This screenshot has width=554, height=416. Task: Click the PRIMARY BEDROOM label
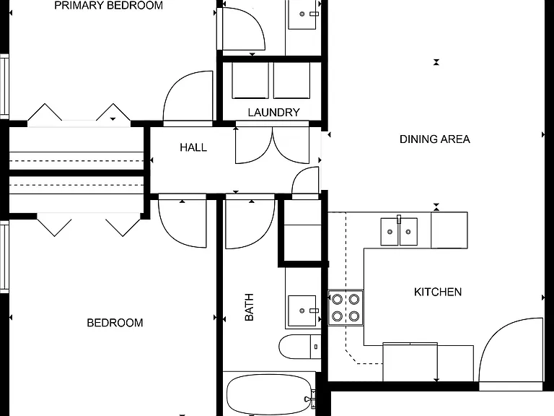pyautogui.click(x=108, y=5)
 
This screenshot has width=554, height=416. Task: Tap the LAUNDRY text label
pyautogui.click(x=274, y=113)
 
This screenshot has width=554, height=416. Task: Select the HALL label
pyautogui.click(x=193, y=147)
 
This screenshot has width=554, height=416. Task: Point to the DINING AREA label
pyautogui.click(x=435, y=139)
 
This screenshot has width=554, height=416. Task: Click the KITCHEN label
pyautogui.click(x=438, y=292)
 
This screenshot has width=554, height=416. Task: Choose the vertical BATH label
pyautogui.click(x=249, y=307)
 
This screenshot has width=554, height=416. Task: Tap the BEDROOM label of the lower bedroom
pyautogui.click(x=115, y=323)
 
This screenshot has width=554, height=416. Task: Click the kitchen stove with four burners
pyautogui.click(x=346, y=308)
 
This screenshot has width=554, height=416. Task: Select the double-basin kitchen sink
pyautogui.click(x=399, y=231)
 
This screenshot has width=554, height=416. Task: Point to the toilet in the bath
pyautogui.click(x=299, y=347)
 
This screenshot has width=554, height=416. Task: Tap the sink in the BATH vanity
pyautogui.click(x=302, y=311)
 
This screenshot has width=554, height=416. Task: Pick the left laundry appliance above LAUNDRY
pyautogui.click(x=250, y=81)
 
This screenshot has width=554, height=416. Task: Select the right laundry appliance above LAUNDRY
pyautogui.click(x=292, y=81)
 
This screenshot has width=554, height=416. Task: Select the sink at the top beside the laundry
pyautogui.click(x=302, y=14)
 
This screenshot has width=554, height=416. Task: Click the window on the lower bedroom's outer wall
pyautogui.click(x=4, y=256)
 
